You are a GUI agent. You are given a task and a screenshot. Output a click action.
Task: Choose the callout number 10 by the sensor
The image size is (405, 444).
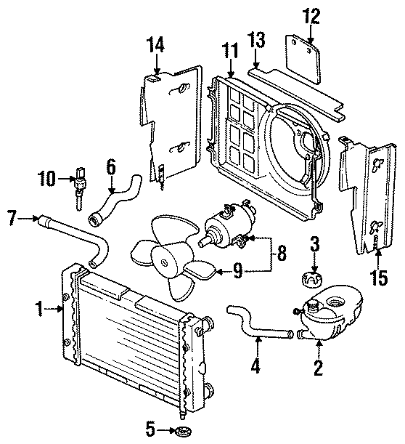pyautogui.click(x=47, y=177)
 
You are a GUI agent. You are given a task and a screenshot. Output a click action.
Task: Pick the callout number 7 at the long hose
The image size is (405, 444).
pyautogui.click(x=11, y=216)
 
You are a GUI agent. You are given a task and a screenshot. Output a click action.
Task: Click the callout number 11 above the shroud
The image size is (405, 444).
pyautogui.click(x=229, y=51)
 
